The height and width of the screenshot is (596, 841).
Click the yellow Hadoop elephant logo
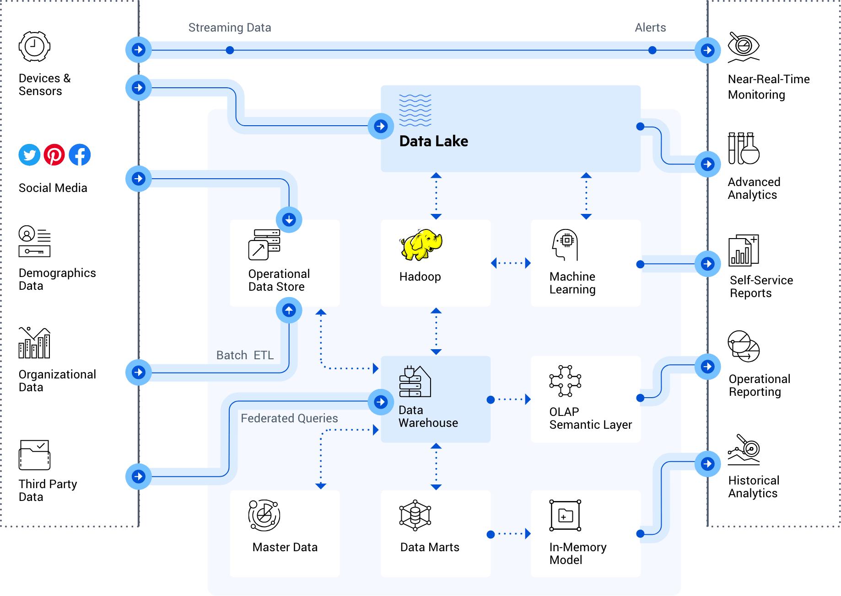421,245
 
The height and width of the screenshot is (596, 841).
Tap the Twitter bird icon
29,155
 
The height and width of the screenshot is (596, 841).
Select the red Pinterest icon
54,155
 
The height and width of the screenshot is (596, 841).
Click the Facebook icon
80,155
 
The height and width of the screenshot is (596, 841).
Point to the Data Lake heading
433,141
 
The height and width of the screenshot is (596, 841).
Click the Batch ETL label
245,355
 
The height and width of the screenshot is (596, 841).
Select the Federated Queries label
289,418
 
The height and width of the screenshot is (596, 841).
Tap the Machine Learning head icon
565,245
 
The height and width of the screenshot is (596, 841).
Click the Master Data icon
264,516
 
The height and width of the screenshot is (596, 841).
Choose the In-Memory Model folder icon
566,516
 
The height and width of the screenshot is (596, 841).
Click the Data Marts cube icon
415,516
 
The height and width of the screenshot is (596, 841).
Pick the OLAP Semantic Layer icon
565,381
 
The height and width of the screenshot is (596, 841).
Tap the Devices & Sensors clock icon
34,47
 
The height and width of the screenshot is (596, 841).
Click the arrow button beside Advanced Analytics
707,164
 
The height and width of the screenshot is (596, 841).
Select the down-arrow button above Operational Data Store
289,219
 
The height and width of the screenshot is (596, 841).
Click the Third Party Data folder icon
34,455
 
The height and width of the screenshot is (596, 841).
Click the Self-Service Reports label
761,287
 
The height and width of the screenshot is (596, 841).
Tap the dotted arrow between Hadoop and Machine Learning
511,263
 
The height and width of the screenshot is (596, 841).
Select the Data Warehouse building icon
415,382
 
